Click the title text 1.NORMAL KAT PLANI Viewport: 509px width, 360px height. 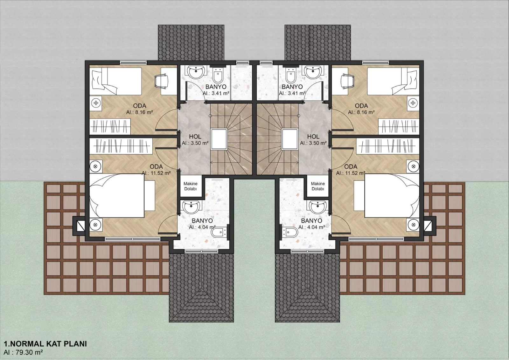coord(45,344)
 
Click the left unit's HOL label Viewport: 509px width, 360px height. coord(195,137)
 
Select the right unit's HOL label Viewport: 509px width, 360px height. coord(313,137)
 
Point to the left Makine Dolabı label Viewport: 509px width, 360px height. coord(191,186)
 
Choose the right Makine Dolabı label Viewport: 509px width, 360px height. coord(318,186)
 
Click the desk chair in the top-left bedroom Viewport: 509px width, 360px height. coord(162,81)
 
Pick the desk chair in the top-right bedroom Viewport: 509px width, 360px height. coord(348,81)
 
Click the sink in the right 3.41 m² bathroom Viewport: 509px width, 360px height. coord(313,72)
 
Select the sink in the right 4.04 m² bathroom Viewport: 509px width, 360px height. coord(318,207)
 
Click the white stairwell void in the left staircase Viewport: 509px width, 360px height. coord(219,139)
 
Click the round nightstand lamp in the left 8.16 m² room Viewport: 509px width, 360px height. coord(96,103)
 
